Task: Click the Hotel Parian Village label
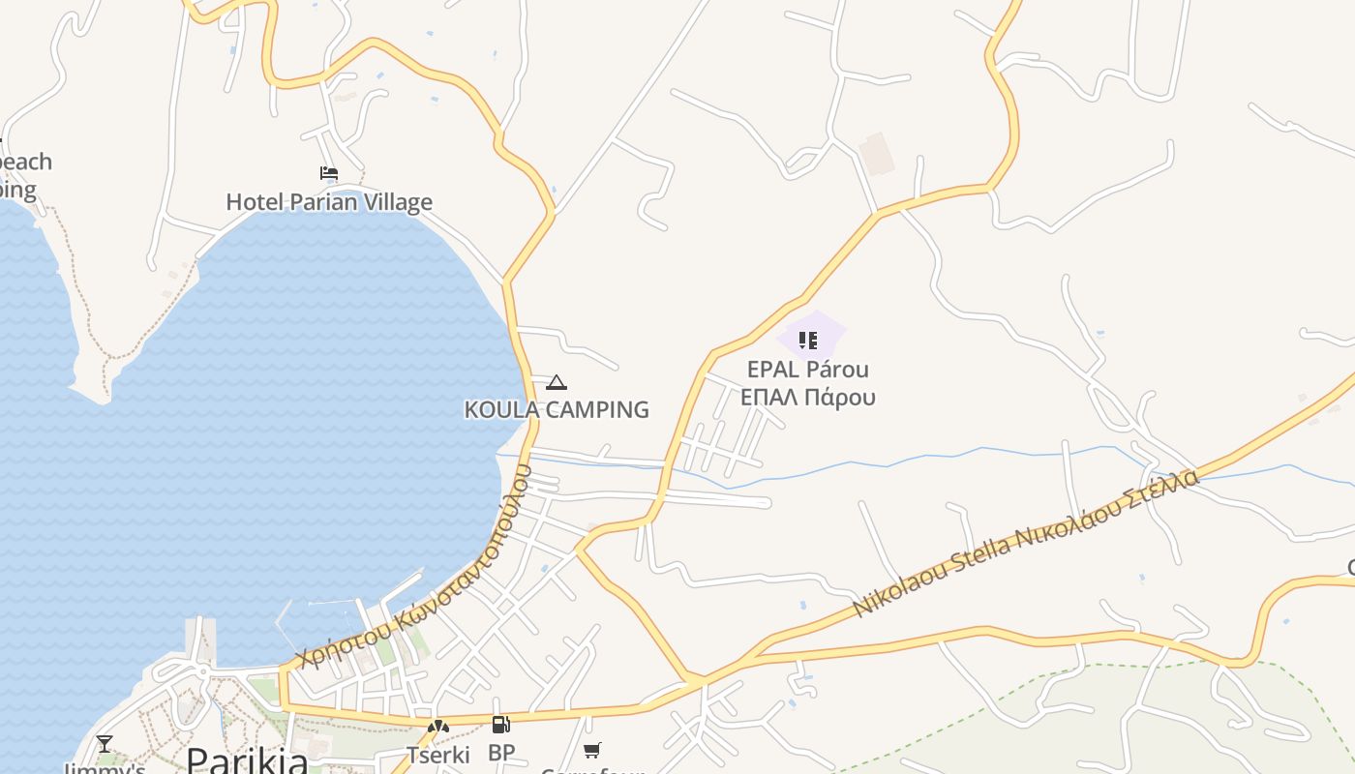[x=329, y=202]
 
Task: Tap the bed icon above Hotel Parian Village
[x=329, y=174]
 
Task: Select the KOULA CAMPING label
[x=557, y=409]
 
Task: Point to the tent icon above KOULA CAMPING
[x=556, y=383]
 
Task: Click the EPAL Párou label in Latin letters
[x=808, y=370]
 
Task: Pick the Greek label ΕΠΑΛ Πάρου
[x=808, y=397]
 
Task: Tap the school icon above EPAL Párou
[x=808, y=340]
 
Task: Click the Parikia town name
[x=247, y=759]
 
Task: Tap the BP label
[x=501, y=752]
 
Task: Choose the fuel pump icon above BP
[x=500, y=725]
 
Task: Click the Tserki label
[x=438, y=755]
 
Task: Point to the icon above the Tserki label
[x=438, y=726]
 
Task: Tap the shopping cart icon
[x=592, y=750]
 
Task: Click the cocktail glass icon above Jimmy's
[x=105, y=743]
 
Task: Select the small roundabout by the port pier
[x=203, y=670]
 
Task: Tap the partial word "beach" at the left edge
[x=26, y=162]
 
